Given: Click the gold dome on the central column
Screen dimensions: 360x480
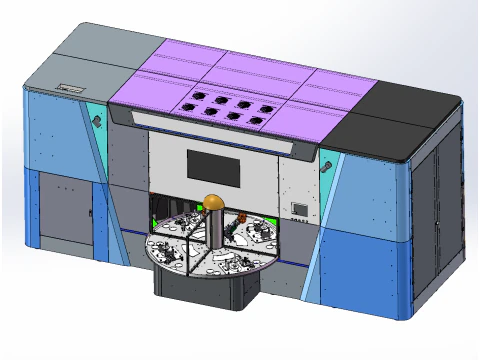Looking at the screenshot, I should [x=213, y=203].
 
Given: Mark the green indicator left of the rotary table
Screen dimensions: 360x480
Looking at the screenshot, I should [x=154, y=219].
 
